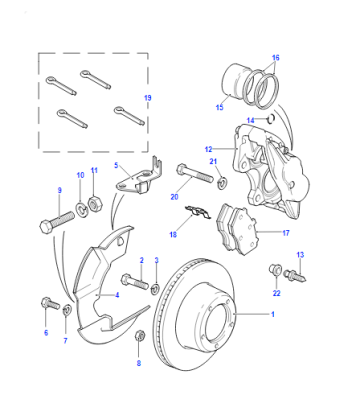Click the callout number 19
pyautogui.click(x=148, y=98)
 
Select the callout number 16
pyautogui.click(x=275, y=58)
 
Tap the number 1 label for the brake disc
pyautogui.click(x=273, y=314)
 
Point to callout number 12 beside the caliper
pyautogui.click(x=209, y=149)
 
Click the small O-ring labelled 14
pyautogui.click(x=271, y=118)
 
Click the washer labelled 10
pyautogui.click(x=81, y=210)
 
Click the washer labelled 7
pyautogui.click(x=67, y=310)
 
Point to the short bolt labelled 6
pyautogui.click(x=50, y=303)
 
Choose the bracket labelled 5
pyautogui.click(x=138, y=175)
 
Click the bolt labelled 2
pyautogui.click(x=135, y=282)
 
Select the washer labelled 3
pyautogui.click(x=155, y=289)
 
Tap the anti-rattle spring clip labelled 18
pyautogui.click(x=198, y=212)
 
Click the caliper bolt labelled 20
pyautogui.click(x=194, y=172)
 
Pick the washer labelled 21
pyautogui.click(x=221, y=183)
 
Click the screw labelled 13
pyautogui.click(x=295, y=276)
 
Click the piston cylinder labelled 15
pyautogui.click(x=235, y=83)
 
